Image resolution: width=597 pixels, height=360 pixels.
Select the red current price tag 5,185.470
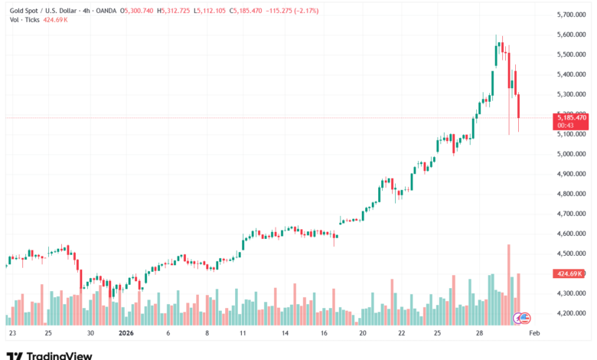[x=573, y=117]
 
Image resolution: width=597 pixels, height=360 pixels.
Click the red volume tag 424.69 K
[x=571, y=273]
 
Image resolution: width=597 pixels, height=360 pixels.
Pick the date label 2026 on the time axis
[x=126, y=334]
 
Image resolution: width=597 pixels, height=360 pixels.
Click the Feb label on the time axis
[x=535, y=334]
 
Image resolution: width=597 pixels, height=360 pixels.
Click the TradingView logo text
[x=60, y=355]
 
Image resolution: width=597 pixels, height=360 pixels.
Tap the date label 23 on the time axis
[x=12, y=334]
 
